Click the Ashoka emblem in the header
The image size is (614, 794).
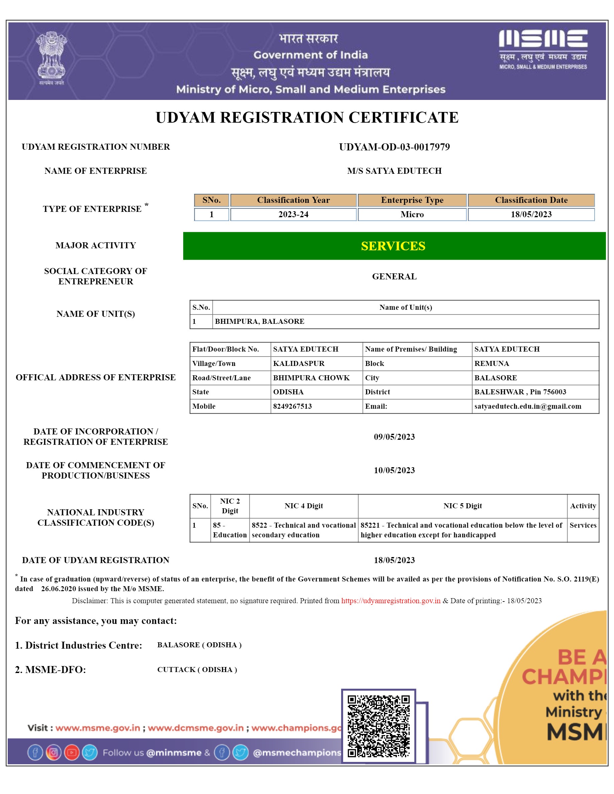[x=51, y=58]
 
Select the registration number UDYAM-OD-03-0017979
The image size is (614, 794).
[x=394, y=147]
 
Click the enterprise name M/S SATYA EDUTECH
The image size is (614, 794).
[x=394, y=171]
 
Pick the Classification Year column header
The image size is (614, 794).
[x=293, y=200]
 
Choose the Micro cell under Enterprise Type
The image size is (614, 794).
[x=412, y=215]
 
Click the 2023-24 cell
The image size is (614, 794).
[x=293, y=215]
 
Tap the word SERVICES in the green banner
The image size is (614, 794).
[x=393, y=246]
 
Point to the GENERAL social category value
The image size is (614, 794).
[x=394, y=276]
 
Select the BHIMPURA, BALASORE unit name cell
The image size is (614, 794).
[x=260, y=321]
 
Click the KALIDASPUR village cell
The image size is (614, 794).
[x=299, y=364]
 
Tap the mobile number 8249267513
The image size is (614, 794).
[x=292, y=406]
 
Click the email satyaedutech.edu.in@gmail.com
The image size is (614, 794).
[x=527, y=406]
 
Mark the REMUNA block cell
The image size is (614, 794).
[x=491, y=364]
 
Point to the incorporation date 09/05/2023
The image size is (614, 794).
[x=394, y=437]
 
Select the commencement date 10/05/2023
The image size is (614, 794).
[x=394, y=470]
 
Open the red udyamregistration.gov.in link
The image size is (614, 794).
[x=391, y=601]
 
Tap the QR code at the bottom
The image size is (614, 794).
[x=378, y=726]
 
